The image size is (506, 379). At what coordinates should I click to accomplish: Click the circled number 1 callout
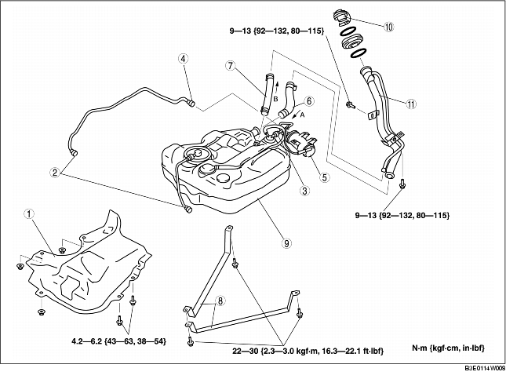(29, 213)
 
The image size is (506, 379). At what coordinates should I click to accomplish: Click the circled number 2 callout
(54, 172)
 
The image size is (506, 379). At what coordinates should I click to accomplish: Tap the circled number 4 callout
(183, 59)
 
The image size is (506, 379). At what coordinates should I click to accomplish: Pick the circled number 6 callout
(310, 101)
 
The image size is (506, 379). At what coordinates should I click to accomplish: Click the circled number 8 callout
(220, 301)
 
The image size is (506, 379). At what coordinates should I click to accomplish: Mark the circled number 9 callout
(287, 244)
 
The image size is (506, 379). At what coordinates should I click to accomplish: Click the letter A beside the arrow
(301, 113)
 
